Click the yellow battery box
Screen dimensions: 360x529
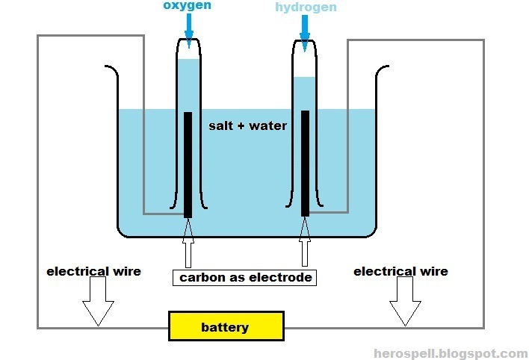[x=226, y=327]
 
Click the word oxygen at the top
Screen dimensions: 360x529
[x=188, y=6]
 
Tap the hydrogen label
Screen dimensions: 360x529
[x=305, y=7]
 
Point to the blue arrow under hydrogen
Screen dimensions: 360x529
[x=305, y=30]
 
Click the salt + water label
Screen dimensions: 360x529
[x=247, y=125]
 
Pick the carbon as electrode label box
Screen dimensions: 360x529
[x=244, y=278]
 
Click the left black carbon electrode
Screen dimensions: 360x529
[x=188, y=164]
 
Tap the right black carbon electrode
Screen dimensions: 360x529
[x=305, y=163]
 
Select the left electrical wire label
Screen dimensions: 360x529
[x=93, y=271]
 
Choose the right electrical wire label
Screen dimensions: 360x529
[x=400, y=271]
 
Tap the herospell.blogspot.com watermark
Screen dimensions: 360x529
[x=451, y=353]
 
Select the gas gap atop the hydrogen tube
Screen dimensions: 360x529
[x=305, y=63]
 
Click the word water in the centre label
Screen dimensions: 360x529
[x=269, y=125]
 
